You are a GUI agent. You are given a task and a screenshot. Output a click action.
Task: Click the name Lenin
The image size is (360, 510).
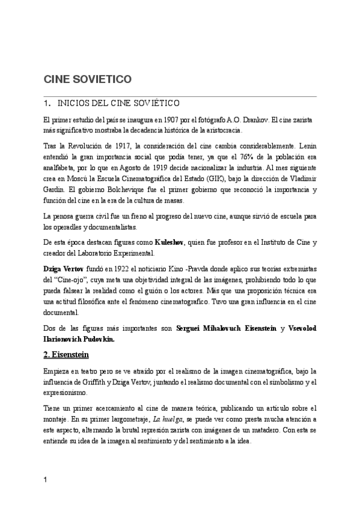tap(307, 146)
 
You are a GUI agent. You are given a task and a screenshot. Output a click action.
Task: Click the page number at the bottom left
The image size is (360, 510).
tap(46, 480)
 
